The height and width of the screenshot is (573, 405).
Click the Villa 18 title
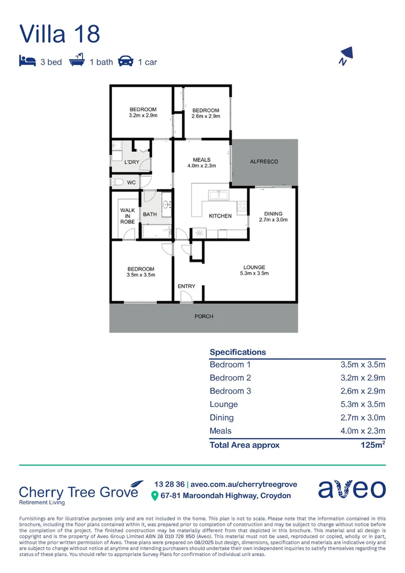pyautogui.click(x=59, y=33)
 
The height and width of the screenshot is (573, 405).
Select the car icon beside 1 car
pyautogui.click(x=126, y=61)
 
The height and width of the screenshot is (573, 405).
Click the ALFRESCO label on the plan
pyautogui.click(x=263, y=161)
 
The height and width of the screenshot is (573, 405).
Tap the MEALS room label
pyautogui.click(x=201, y=160)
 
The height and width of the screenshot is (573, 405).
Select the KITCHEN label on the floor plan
pyautogui.click(x=220, y=216)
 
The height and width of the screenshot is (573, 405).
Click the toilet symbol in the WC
pyautogui.click(x=117, y=183)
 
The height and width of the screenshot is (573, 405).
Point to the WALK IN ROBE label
pyautogui.click(x=127, y=216)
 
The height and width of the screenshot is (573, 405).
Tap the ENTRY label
pyautogui.click(x=187, y=286)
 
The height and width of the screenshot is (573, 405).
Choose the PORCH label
pyautogui.click(x=204, y=316)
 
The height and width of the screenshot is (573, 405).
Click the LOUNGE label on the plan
pyautogui.click(x=254, y=267)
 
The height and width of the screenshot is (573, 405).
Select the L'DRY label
pyautogui.click(x=131, y=162)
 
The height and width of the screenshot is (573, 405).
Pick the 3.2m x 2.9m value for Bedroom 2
pyautogui.click(x=363, y=378)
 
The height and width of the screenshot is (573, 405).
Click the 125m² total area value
pyautogui.click(x=372, y=445)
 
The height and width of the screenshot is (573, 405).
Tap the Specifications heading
pyautogui.click(x=238, y=352)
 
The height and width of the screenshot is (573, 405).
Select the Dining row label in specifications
pyautogui.click(x=222, y=418)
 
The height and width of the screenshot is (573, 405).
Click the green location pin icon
pyautogui.click(x=155, y=496)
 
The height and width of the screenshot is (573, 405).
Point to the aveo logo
pyautogui.click(x=352, y=489)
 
